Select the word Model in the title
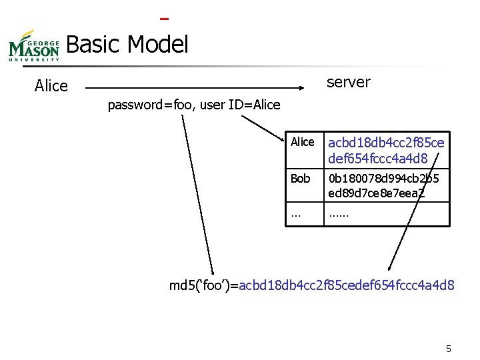tap(158, 45)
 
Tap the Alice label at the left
tap(51, 86)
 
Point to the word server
tap(348, 82)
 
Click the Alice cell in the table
tap(303, 142)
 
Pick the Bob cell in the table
tap(301, 179)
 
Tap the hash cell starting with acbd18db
tap(386, 150)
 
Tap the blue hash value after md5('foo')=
tap(347, 285)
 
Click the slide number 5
tap(449, 349)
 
